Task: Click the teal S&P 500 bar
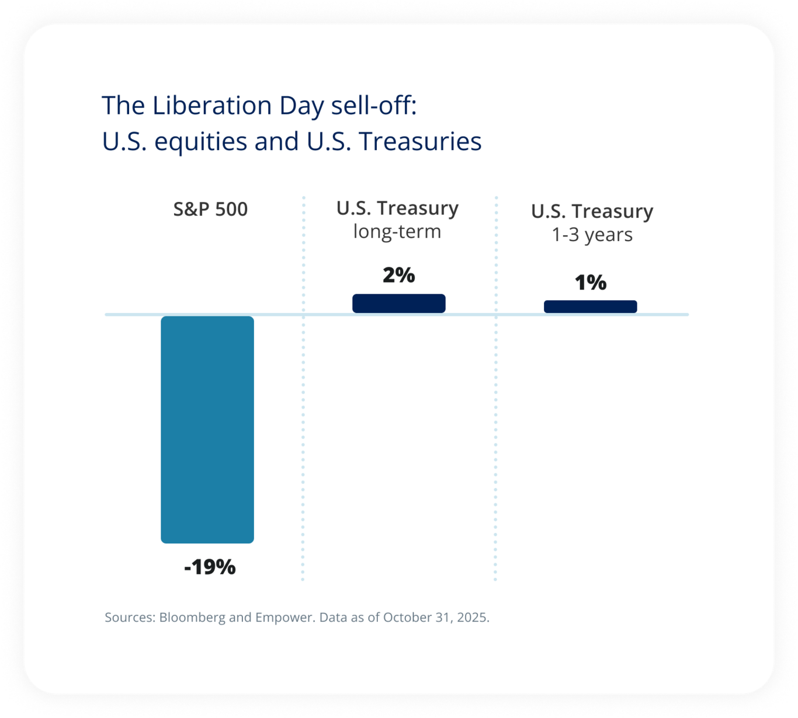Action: tap(207, 429)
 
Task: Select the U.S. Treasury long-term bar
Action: tap(398, 304)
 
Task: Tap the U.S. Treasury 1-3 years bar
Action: tap(590, 306)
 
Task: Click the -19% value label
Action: tap(210, 567)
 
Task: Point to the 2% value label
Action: tap(398, 275)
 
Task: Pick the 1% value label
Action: tap(590, 283)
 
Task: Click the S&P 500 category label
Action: tap(210, 209)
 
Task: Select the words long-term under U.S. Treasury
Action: tap(397, 232)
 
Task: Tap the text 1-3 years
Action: tap(592, 235)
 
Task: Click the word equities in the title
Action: tap(201, 141)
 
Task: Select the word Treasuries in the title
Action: tap(420, 141)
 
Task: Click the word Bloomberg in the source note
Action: tap(192, 618)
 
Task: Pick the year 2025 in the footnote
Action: tap(473, 618)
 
